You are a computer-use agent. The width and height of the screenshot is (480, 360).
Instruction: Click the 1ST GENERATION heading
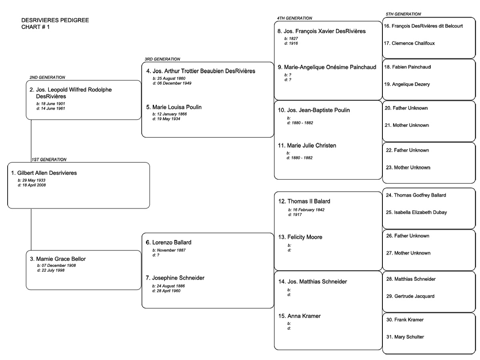(x=49, y=159)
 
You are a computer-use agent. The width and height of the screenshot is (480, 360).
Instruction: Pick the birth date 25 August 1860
(x=169, y=78)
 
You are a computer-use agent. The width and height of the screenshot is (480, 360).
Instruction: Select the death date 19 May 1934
(x=167, y=118)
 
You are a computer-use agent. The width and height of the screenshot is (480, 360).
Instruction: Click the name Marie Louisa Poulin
(x=174, y=107)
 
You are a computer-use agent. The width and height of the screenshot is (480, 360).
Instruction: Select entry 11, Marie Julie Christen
(x=307, y=146)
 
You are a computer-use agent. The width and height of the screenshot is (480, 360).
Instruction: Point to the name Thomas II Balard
(x=304, y=201)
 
